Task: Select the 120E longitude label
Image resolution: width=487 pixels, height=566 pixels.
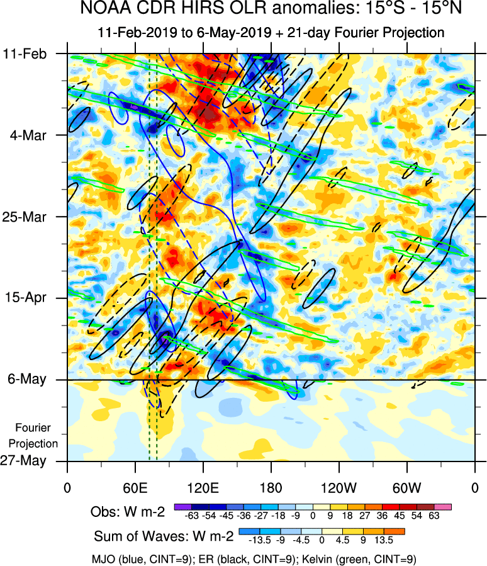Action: [x=203, y=489]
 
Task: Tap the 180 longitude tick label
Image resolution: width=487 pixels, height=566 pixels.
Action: [x=271, y=489]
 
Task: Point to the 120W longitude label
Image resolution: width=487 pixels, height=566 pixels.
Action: [x=339, y=489]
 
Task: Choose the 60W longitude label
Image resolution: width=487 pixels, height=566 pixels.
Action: [x=407, y=489]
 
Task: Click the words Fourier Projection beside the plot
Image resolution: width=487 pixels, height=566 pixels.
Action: [x=37, y=435]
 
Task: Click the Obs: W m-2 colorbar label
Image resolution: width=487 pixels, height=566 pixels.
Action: [x=128, y=512]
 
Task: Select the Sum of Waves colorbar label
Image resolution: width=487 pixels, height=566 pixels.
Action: [x=163, y=537]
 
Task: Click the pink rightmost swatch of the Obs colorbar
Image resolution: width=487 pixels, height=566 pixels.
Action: [x=443, y=506]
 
